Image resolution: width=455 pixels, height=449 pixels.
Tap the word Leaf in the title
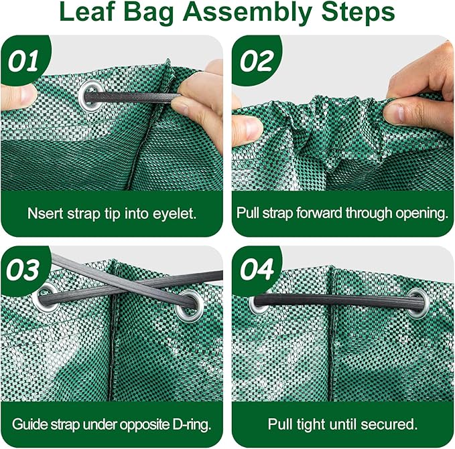tap(86, 12)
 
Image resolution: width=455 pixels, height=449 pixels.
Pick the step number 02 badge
tap(257, 60)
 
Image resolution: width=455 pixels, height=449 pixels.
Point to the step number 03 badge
tap(23, 270)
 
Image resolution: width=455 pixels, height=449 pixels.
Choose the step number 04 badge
tap(257, 270)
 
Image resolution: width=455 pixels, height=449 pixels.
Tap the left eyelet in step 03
tap(46, 298)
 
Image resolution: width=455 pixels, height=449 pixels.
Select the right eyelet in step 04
tap(417, 303)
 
